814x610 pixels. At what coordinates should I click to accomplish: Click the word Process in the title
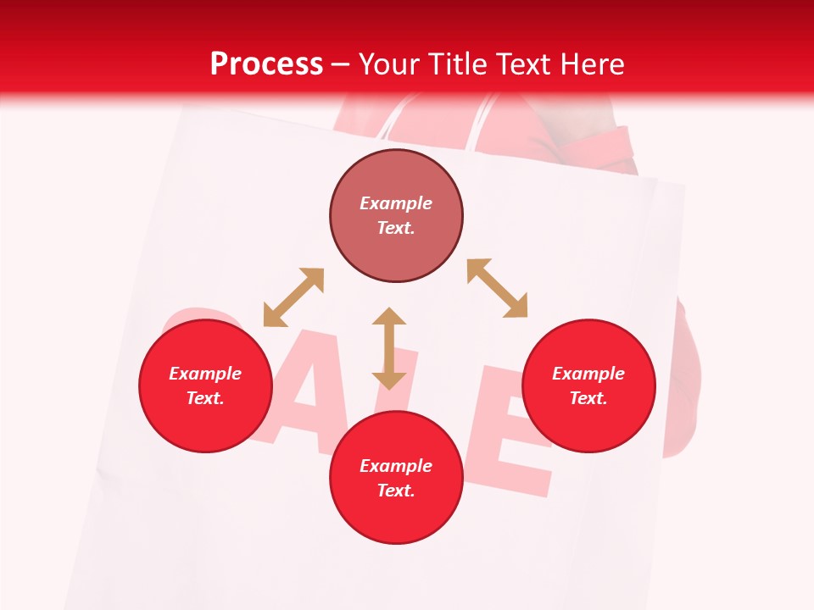(x=266, y=64)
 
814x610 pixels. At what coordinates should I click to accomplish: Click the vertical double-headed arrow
(x=389, y=348)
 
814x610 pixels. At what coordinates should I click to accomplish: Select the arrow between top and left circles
(x=293, y=297)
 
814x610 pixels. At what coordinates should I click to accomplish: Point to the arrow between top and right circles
(x=497, y=288)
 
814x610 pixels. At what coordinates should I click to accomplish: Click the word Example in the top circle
(x=396, y=203)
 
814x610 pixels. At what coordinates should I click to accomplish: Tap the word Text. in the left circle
(x=205, y=398)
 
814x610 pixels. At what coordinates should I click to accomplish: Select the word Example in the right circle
(x=588, y=374)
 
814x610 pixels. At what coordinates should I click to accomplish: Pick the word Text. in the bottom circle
(x=396, y=491)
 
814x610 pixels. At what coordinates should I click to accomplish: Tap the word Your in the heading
(x=388, y=64)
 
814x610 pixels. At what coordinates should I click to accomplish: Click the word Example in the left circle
(x=205, y=374)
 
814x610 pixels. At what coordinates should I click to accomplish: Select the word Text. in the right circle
(x=588, y=398)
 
